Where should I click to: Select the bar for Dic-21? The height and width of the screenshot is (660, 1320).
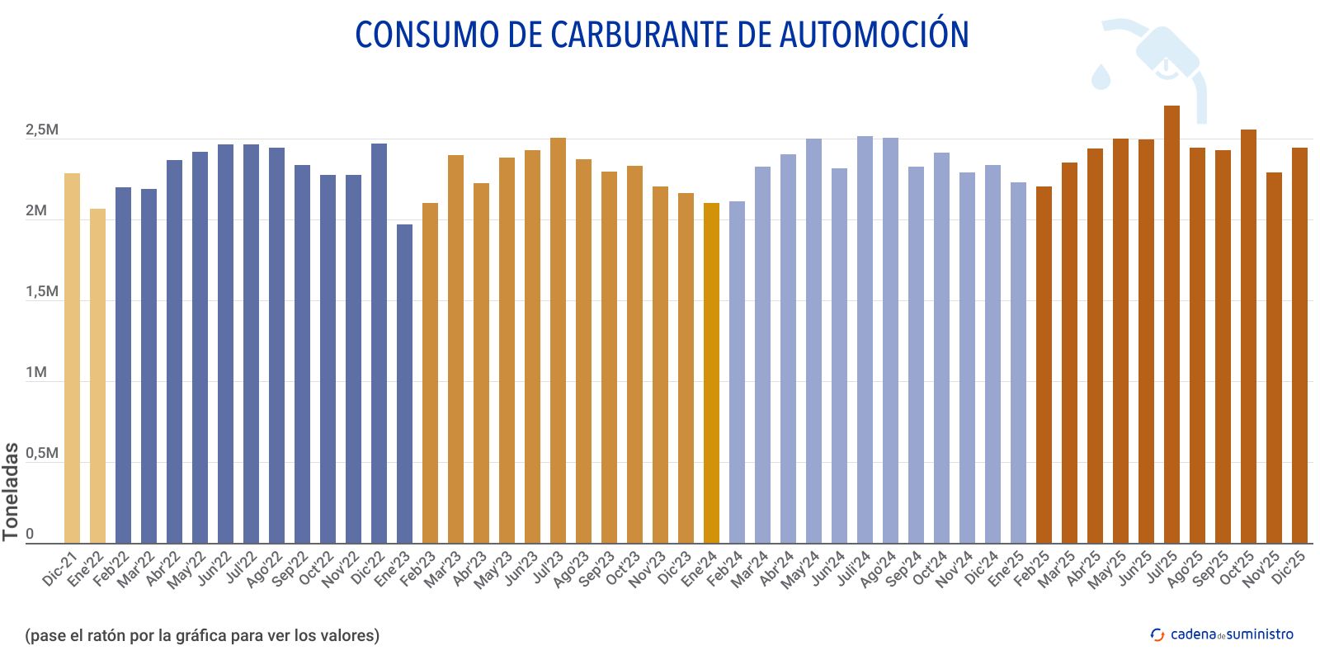click(x=73, y=358)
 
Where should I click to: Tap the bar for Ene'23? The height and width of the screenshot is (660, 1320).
click(x=404, y=384)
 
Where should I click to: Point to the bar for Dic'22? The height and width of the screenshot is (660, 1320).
click(x=379, y=343)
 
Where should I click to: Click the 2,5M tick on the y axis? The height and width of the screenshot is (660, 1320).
click(x=41, y=130)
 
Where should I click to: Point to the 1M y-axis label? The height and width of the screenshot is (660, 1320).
click(x=36, y=373)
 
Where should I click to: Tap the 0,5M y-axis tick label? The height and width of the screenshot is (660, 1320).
click(x=41, y=454)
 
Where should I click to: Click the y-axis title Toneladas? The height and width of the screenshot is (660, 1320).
click(x=11, y=492)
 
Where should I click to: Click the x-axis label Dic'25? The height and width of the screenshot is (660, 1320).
click(x=1289, y=569)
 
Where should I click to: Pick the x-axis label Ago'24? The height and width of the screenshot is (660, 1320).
click(x=879, y=570)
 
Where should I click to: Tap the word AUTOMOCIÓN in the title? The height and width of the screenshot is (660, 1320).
click(x=874, y=35)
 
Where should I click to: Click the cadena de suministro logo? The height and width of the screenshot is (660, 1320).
click(x=1222, y=634)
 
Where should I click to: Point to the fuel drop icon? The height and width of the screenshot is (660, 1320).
click(x=1101, y=77)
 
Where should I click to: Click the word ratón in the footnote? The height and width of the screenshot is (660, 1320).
click(x=107, y=635)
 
